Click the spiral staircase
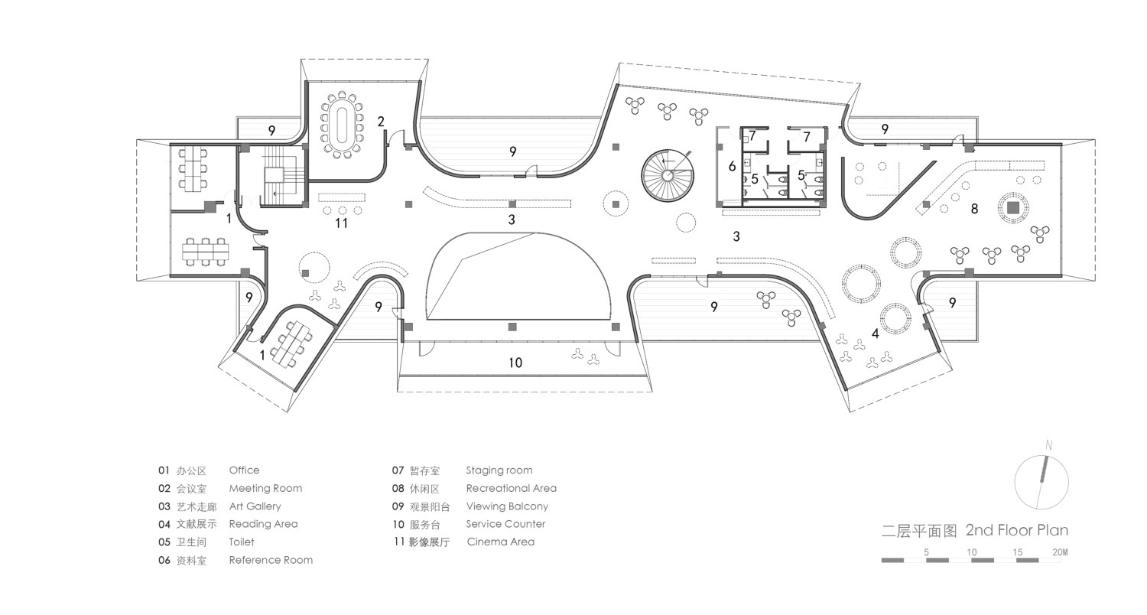668,176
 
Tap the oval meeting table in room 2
342,125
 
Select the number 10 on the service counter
515,363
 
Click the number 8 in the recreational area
974,208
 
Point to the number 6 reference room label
733,166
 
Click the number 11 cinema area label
342,223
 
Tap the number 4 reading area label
875,334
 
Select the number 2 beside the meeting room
381,122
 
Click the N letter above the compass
1048,445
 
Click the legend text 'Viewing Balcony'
507,506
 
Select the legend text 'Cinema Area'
500,542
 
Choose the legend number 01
164,470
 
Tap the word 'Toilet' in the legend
242,542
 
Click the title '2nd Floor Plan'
1017,530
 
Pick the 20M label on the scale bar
1060,552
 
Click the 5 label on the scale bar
926,552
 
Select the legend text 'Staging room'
499,470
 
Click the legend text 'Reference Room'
271,560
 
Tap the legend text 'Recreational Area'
511,488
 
